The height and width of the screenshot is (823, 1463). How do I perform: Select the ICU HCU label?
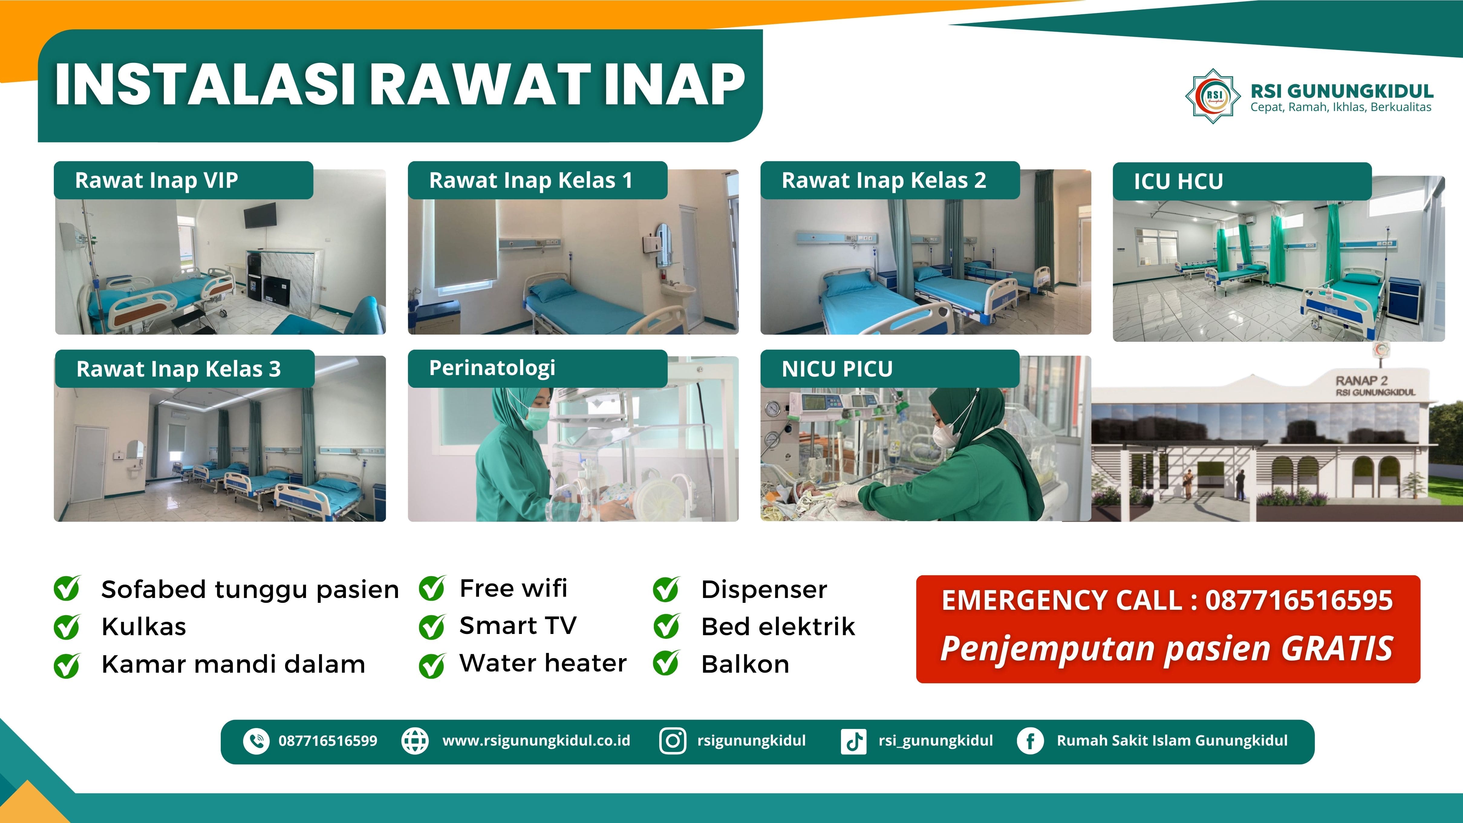click(x=1178, y=181)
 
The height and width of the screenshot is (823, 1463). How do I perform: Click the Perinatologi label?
click(x=492, y=368)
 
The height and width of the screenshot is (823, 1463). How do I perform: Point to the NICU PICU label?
click(x=837, y=369)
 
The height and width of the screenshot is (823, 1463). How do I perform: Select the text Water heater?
click(x=543, y=663)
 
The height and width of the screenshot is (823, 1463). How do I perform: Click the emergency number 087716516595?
click(x=1299, y=600)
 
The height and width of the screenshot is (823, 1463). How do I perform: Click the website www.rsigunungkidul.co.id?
click(x=536, y=741)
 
